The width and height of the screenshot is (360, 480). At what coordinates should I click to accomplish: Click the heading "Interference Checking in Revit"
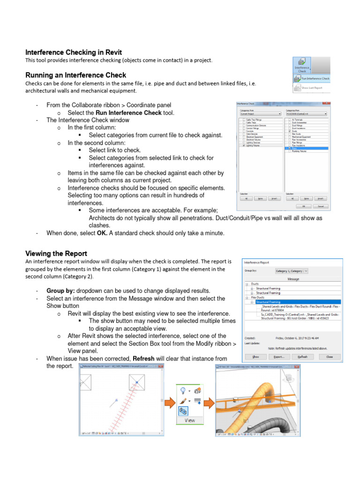(x=74, y=52)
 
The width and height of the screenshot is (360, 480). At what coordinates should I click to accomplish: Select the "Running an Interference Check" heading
(x=75, y=75)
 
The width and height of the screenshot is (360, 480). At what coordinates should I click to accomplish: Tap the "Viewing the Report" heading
(x=56, y=254)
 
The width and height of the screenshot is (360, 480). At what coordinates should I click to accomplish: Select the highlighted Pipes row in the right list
(x=306, y=148)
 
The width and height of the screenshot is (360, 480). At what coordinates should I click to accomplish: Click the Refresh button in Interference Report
(x=303, y=357)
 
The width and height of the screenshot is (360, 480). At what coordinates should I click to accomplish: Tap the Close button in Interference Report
(x=330, y=357)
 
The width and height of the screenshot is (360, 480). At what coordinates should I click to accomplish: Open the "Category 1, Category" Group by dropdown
(x=291, y=271)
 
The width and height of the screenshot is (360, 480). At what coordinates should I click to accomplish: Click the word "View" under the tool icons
(x=189, y=420)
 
